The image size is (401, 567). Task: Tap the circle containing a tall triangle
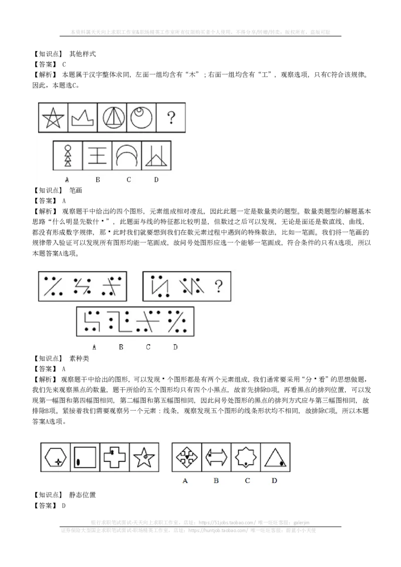point(112,118)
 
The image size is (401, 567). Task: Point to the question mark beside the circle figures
point(171,118)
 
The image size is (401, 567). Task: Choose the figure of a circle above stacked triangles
point(68,156)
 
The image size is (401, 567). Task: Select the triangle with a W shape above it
point(156,156)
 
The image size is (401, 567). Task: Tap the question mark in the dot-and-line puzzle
point(218,287)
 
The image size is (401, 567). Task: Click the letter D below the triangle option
point(274,481)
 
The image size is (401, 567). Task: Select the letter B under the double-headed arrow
point(216,481)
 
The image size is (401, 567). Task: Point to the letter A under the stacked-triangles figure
point(67,179)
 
